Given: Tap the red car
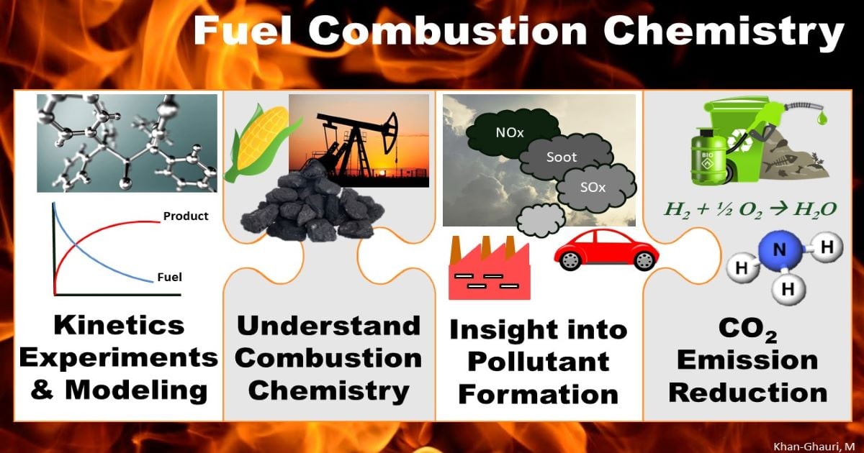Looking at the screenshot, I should [x=605, y=252].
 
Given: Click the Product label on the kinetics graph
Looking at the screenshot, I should [x=186, y=216].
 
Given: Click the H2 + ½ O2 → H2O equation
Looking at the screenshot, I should [x=749, y=209].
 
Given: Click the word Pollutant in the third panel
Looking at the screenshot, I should [x=539, y=362].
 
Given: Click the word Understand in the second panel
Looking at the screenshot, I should [x=329, y=325].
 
